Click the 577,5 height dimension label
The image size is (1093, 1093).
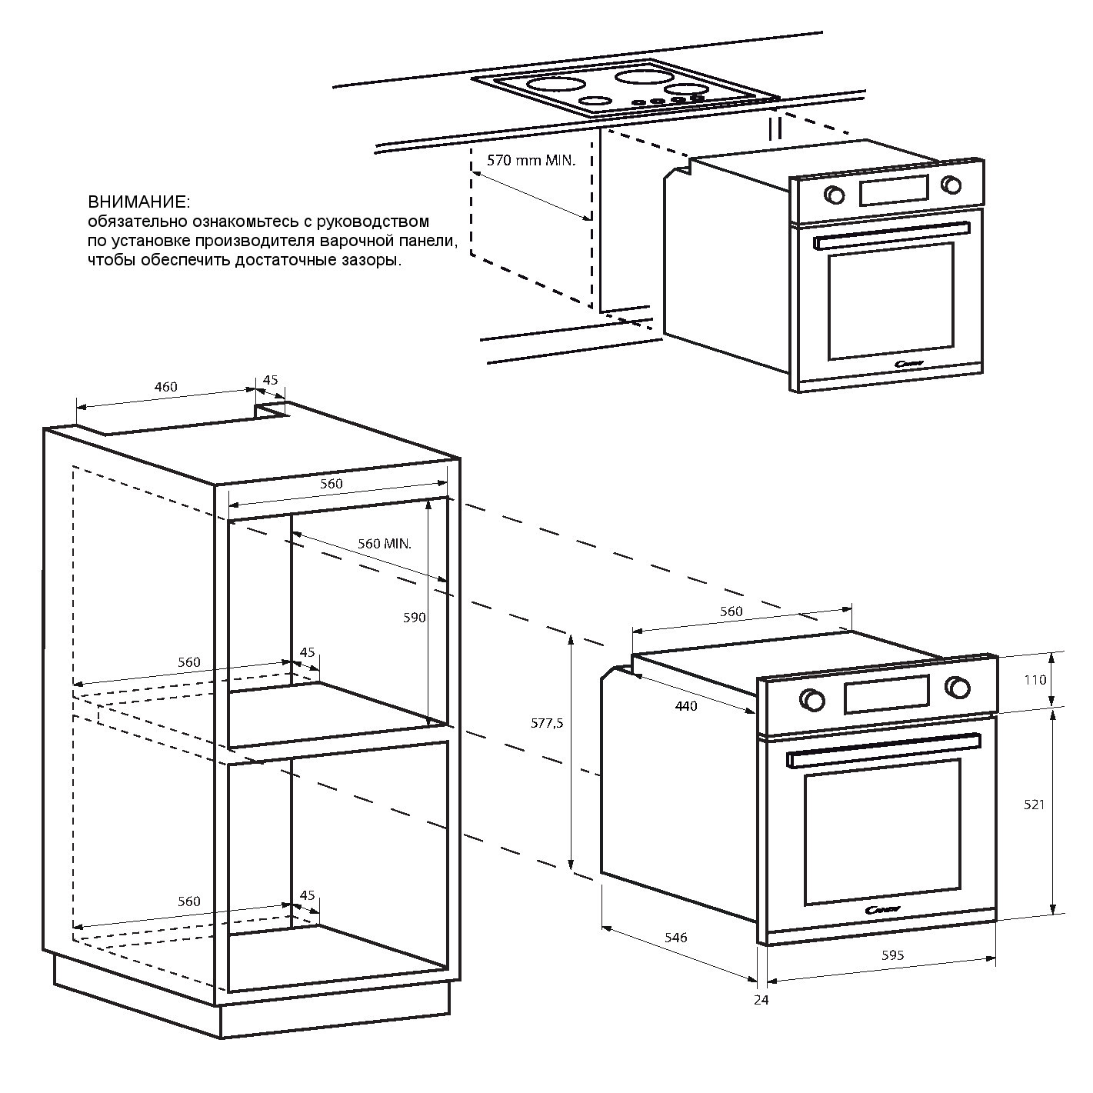point(547,723)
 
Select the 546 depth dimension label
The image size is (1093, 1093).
point(675,938)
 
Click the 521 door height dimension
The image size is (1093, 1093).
point(1034,805)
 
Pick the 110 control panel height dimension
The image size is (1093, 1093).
point(1035,679)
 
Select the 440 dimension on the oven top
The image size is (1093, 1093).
point(686,706)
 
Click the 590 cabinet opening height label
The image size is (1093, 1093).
point(414,618)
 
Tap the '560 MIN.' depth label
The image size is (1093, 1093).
point(384,543)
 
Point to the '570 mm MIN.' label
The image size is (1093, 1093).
point(531,161)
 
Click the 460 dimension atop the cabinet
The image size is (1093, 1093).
point(165,387)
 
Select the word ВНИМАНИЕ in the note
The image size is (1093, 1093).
point(139,202)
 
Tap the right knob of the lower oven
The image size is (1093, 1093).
point(958,687)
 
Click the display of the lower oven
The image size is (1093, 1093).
point(887,694)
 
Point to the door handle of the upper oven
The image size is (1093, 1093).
point(891,236)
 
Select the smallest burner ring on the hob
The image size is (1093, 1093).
point(595,102)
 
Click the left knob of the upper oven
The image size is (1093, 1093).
point(834,195)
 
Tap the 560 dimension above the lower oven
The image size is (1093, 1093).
point(731,611)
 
